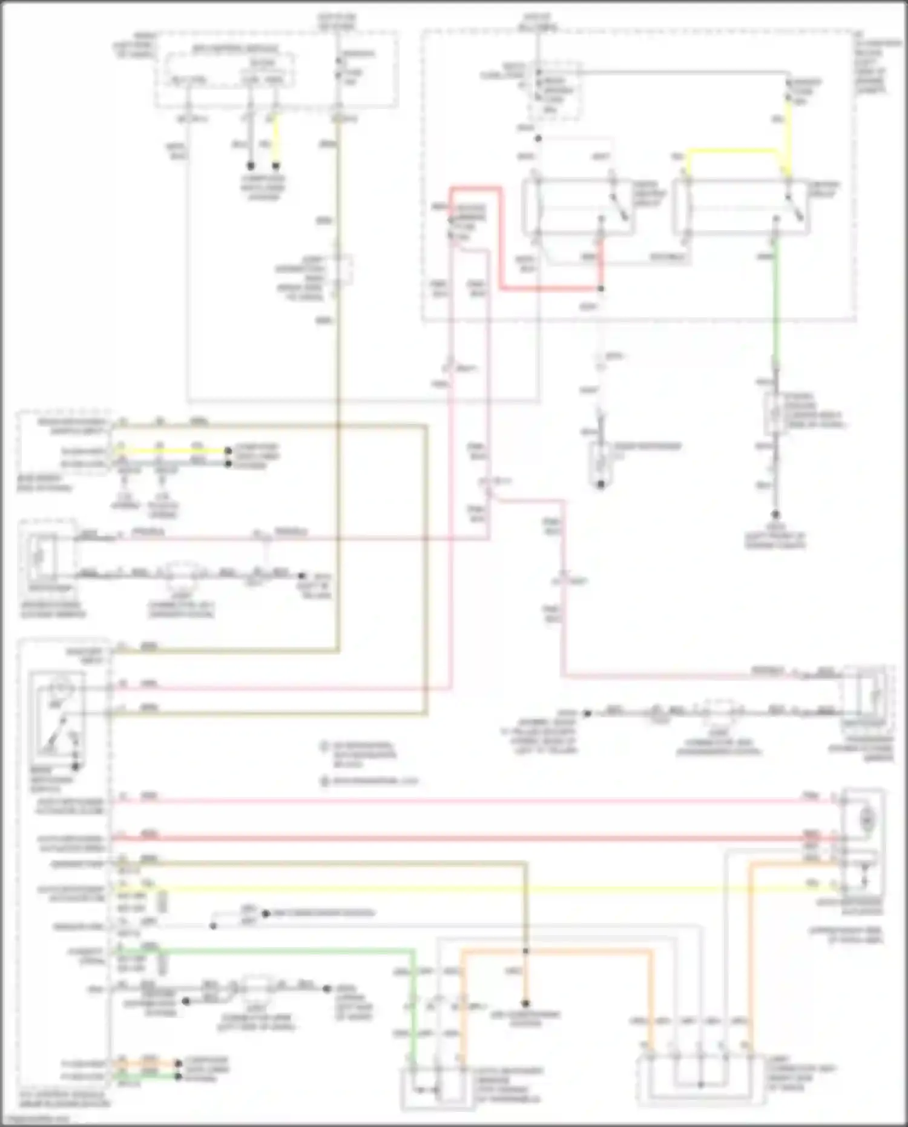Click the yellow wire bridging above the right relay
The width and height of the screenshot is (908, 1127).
pyautogui.click(x=732, y=151)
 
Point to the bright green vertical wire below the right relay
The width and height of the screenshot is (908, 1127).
pyautogui.click(x=775, y=303)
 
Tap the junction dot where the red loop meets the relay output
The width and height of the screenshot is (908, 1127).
pyautogui.click(x=600, y=289)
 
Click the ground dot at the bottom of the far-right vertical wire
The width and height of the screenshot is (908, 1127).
pyautogui.click(x=776, y=514)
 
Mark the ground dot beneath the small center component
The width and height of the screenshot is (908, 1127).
pyautogui.click(x=600, y=484)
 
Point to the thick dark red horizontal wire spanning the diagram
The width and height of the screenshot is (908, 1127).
pyautogui.click(x=472, y=839)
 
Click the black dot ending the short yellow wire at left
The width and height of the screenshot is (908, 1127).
pyautogui.click(x=228, y=451)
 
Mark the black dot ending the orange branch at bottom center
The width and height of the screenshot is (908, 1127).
pyautogui.click(x=526, y=1002)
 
